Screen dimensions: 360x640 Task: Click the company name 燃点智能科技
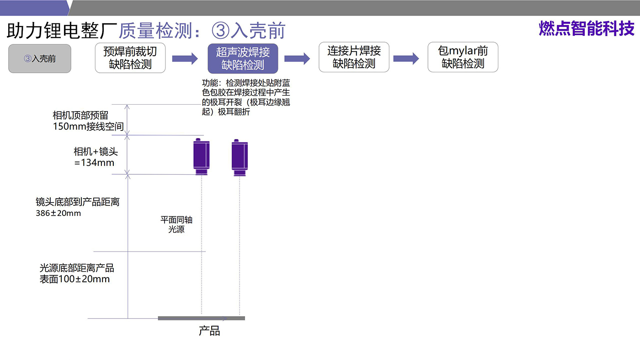(x=587, y=28)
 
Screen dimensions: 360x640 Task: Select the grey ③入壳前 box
(x=40, y=59)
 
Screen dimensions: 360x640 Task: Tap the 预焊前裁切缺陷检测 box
(x=130, y=58)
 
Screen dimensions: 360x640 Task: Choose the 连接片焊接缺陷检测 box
(x=354, y=58)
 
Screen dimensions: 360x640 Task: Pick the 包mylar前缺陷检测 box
(x=463, y=58)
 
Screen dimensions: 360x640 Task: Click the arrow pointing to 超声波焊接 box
(x=185, y=59)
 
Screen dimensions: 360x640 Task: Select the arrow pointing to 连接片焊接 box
(x=297, y=59)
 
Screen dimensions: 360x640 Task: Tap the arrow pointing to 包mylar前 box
(x=406, y=59)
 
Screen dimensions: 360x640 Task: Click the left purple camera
(x=202, y=156)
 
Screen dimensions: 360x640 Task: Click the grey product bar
(x=201, y=318)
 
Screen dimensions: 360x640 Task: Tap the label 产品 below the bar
(x=209, y=331)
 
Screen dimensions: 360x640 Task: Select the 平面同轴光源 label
(x=176, y=225)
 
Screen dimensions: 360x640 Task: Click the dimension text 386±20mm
(x=58, y=213)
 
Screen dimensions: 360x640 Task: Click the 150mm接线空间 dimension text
(x=88, y=127)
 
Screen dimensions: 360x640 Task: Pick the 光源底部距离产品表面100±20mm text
(x=76, y=274)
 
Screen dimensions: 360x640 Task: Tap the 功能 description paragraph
(x=246, y=97)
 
